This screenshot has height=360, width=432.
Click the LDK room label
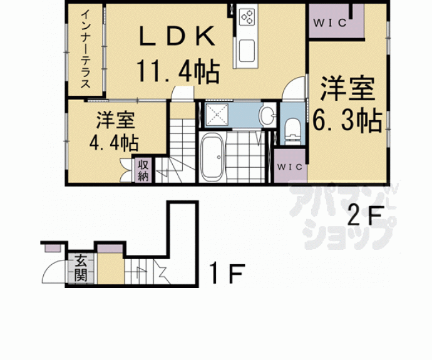click(x=177, y=36)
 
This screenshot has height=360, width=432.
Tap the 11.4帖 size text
click(x=178, y=72)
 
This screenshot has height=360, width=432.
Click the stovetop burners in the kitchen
click(x=246, y=18)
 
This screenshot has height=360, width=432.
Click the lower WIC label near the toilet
click(x=288, y=167)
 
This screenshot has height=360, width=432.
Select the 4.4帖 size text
click(x=113, y=142)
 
